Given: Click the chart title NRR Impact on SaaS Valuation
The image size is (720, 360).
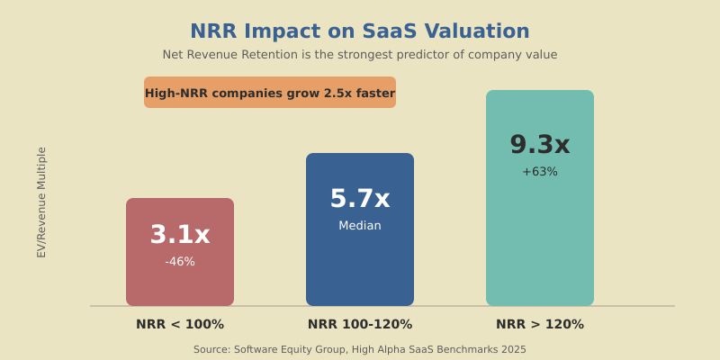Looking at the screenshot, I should [x=360, y=31].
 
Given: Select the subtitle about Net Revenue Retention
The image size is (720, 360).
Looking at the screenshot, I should [x=360, y=55].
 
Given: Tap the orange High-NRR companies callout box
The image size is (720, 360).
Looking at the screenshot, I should [x=270, y=93].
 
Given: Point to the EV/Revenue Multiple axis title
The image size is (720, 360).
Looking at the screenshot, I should [x=41, y=202].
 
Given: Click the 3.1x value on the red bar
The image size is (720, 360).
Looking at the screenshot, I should [x=180, y=235].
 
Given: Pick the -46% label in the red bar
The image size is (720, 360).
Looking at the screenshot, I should [x=180, y=262].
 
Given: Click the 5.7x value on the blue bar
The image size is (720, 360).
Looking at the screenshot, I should [x=360, y=199].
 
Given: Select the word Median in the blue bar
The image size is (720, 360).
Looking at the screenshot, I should [x=360, y=226].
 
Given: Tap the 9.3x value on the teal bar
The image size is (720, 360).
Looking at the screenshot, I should [x=540, y=145].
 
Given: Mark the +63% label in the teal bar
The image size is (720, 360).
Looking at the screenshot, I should [x=540, y=172].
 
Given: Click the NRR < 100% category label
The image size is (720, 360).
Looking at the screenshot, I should [x=180, y=325].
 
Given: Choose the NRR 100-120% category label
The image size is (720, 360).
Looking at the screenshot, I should [x=360, y=325].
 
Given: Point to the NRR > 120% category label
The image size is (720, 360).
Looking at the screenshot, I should [x=540, y=325].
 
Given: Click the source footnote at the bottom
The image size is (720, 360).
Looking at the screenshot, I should [x=360, y=349].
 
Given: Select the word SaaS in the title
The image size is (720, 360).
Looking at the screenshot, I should [x=392, y=31].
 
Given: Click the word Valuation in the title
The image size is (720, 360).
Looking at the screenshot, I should [x=478, y=31].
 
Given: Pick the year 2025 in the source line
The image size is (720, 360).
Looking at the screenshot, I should [x=513, y=349].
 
